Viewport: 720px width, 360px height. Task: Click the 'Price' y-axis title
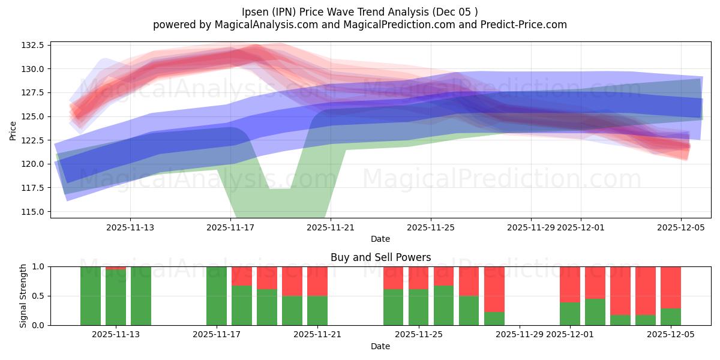click(13, 131)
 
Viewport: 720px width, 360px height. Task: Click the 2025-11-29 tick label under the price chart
click(530, 227)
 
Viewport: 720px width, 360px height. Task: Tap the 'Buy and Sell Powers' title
click(380, 257)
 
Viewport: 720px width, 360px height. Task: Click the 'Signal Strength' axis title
click(23, 296)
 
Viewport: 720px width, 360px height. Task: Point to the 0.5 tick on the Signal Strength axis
click(39, 296)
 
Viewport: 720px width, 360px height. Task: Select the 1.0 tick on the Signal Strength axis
click(39, 266)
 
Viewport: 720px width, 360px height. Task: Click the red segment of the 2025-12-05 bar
click(671, 287)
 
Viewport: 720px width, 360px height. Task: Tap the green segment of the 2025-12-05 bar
click(671, 317)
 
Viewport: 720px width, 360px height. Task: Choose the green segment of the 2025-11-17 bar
click(217, 296)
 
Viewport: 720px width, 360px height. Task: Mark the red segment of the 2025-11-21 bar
click(317, 281)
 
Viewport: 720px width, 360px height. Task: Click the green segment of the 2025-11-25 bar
click(419, 307)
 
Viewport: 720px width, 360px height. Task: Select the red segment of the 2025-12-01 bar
click(570, 284)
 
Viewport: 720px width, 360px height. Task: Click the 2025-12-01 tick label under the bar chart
click(580, 334)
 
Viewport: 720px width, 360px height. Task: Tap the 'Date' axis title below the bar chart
click(380, 346)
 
